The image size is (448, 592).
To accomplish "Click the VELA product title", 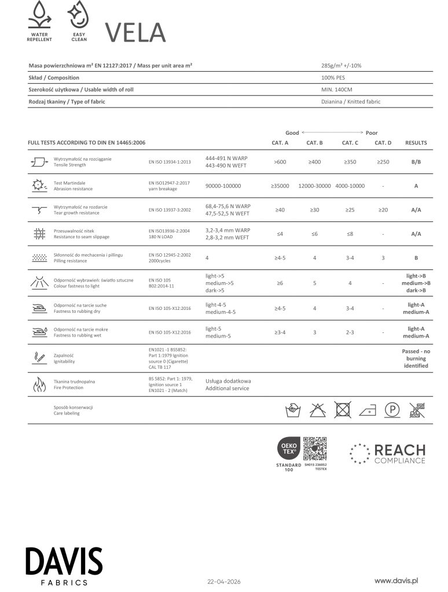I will pyautogui.click(x=135, y=32).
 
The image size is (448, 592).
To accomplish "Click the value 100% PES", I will pyautogui.click(x=334, y=77).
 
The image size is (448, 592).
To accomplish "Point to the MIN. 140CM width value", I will pyautogui.click(x=336, y=90).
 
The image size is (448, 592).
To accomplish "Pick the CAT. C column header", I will pyautogui.click(x=350, y=143).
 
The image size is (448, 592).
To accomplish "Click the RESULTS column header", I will pyautogui.click(x=416, y=143).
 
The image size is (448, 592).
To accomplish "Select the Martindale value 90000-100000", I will pyautogui.click(x=223, y=186).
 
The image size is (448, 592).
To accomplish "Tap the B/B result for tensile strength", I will pyautogui.click(x=416, y=162).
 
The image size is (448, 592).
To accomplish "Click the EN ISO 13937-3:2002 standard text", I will pyautogui.click(x=170, y=210).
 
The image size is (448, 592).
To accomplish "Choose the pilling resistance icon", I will pyautogui.click(x=39, y=257).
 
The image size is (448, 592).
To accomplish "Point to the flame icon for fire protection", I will pyautogui.click(x=39, y=385).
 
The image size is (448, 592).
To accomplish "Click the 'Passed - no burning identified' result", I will pyautogui.click(x=416, y=358).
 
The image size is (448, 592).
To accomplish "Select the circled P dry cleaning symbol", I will pyautogui.click(x=393, y=410).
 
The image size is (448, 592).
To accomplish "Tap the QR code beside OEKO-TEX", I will pyautogui.click(x=315, y=449).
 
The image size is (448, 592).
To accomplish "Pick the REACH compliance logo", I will pyautogui.click(x=387, y=453).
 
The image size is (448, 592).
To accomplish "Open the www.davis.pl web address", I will pyautogui.click(x=396, y=580).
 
